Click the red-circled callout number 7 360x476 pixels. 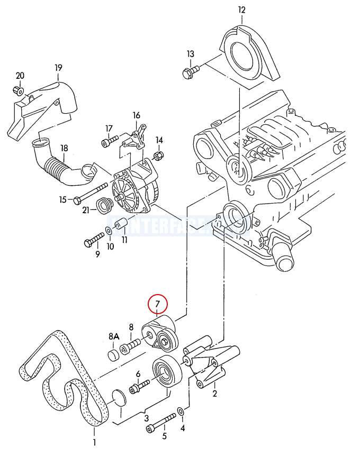[x=157, y=304]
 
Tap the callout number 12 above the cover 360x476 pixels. [x=242, y=10]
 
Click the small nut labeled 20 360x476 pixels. [x=19, y=90]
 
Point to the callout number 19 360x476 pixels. [x=58, y=67]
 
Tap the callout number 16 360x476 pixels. [x=137, y=115]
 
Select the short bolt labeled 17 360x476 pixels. [x=110, y=142]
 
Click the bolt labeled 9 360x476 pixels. [x=94, y=239]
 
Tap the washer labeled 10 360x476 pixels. [x=109, y=231]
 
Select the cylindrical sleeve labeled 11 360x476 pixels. [x=121, y=225]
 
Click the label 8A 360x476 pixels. [x=114, y=336]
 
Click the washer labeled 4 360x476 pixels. [x=181, y=411]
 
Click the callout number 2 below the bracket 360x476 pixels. [x=214, y=393]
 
